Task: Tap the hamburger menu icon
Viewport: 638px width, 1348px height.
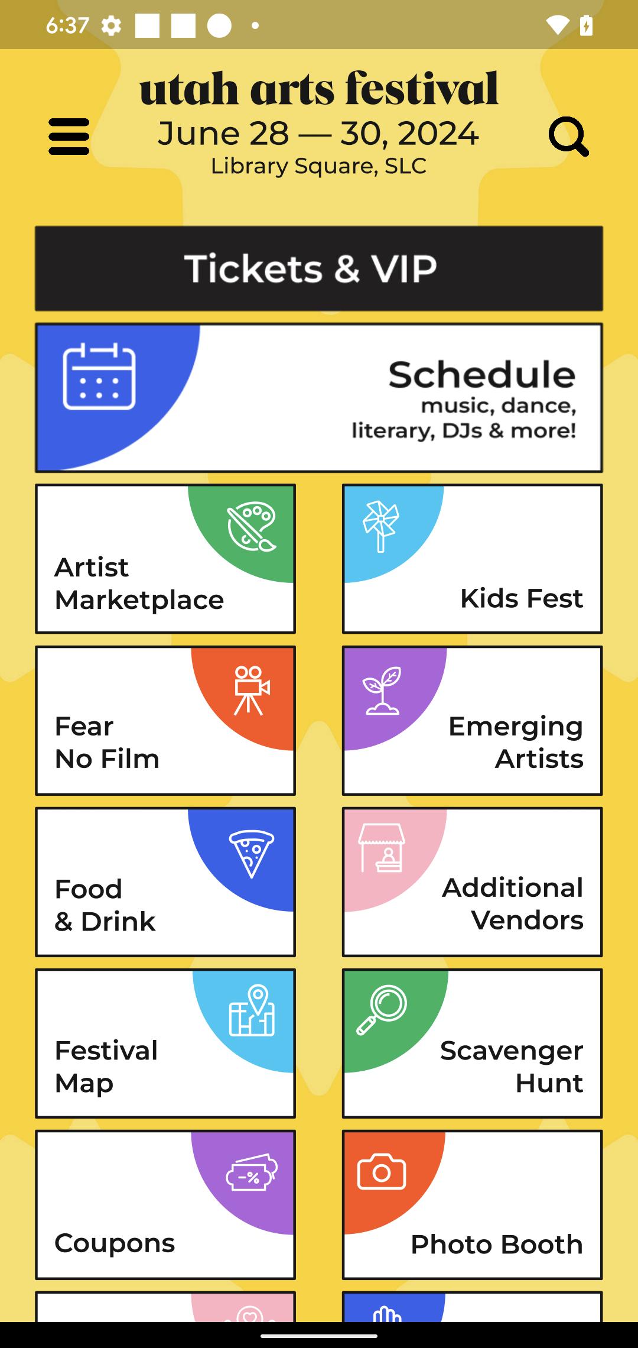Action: pos(69,137)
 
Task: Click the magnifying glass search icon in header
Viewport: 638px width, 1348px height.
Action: pos(568,137)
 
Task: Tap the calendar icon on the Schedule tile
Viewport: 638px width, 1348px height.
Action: pos(99,376)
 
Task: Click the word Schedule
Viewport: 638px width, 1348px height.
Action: pos(481,374)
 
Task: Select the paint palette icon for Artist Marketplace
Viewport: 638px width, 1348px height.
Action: pos(252,527)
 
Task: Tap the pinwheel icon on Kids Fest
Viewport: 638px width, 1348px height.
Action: pos(381,526)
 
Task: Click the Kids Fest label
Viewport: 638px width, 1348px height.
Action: pos(522,598)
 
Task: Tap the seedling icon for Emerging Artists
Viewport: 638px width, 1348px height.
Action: pos(382,691)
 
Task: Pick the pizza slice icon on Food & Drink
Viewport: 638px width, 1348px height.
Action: pos(252,853)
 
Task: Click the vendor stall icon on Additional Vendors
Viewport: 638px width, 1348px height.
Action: pos(382,848)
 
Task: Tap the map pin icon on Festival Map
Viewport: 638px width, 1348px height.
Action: pos(252,1010)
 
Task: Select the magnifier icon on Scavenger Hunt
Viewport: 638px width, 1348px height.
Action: pos(382,1010)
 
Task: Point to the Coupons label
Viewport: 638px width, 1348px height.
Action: pos(115,1243)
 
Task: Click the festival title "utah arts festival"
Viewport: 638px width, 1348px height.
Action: pos(319,89)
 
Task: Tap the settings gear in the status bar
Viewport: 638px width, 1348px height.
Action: pos(111,25)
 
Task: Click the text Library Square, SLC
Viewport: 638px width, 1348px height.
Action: pos(319,166)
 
